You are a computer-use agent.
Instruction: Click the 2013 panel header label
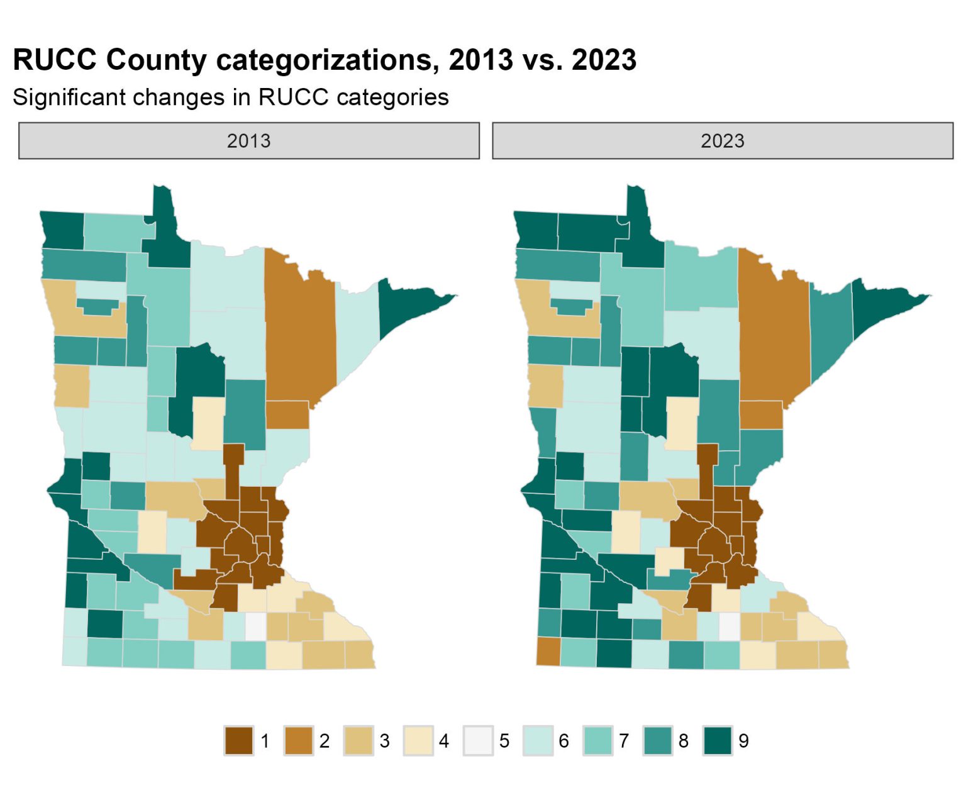(248, 141)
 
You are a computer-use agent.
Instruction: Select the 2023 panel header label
(722, 141)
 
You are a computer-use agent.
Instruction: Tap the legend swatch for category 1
(238, 740)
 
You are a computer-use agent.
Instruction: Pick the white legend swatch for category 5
(478, 740)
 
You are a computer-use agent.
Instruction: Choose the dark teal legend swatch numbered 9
(718, 740)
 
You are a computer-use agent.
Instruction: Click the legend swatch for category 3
(358, 740)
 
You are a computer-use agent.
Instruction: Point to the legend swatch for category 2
(299, 740)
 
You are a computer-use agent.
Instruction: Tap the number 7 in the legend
(623, 741)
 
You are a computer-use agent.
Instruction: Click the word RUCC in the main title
(55, 60)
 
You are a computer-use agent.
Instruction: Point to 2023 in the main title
(604, 60)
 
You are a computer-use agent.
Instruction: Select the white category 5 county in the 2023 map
(730, 626)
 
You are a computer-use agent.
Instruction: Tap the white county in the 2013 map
(255, 626)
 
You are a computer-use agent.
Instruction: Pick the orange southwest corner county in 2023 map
(548, 652)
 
